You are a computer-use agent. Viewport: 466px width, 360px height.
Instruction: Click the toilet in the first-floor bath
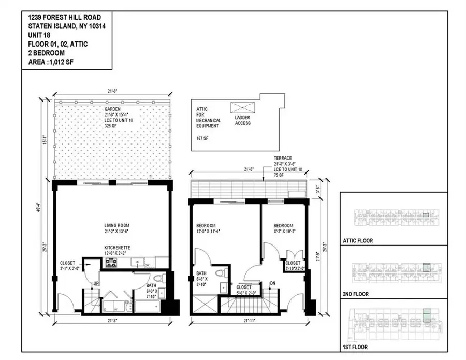(159, 279)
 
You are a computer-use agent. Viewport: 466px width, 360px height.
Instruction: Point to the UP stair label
(96, 283)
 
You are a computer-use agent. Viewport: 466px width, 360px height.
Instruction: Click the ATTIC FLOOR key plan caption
(357, 241)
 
